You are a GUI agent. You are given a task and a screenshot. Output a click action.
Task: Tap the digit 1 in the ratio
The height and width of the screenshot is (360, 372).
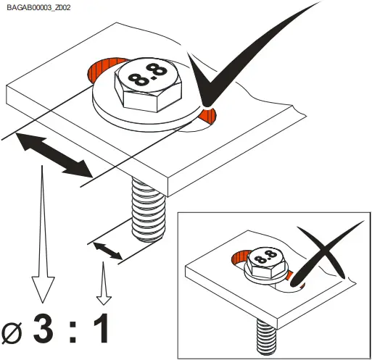click(x=101, y=328)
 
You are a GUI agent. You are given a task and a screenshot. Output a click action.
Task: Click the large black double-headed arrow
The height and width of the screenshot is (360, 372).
click(x=54, y=154)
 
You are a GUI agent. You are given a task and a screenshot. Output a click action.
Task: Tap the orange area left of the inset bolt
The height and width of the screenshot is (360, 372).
click(x=237, y=259)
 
